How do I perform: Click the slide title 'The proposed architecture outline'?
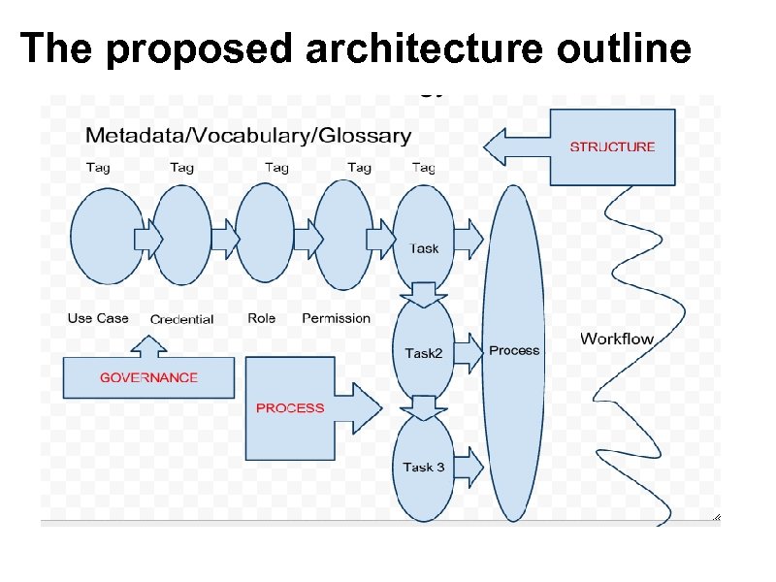[x=355, y=48]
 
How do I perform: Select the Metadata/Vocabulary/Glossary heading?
[x=247, y=136]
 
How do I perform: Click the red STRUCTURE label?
[x=612, y=147]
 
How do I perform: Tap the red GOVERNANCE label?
[x=148, y=378]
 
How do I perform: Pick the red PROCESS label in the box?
[x=290, y=408]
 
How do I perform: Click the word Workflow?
[x=617, y=339]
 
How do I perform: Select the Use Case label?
[x=98, y=318]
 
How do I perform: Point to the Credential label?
[x=182, y=319]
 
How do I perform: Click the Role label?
[x=261, y=318]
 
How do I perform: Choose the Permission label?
[x=336, y=318]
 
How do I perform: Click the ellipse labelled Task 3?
[x=424, y=468]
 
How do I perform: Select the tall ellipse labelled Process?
[x=514, y=351]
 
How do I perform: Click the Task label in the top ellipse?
[x=424, y=248]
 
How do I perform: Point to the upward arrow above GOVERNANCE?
[x=148, y=345]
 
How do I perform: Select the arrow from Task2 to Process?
[x=469, y=353]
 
